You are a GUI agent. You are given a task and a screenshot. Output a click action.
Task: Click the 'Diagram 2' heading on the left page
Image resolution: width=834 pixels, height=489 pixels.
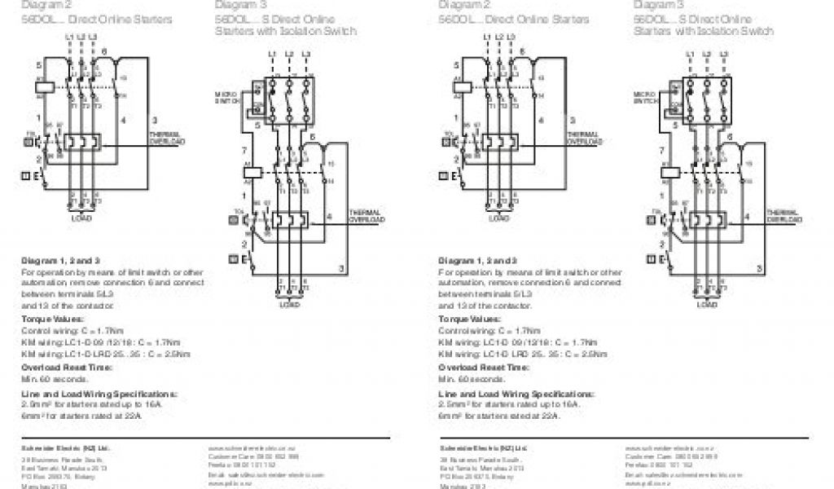tap(42, 4)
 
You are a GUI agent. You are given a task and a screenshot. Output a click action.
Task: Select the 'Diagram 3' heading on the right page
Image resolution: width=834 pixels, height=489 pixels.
tap(656, 4)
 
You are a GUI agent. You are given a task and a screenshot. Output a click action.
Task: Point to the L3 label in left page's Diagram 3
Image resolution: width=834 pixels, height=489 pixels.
tap(306, 55)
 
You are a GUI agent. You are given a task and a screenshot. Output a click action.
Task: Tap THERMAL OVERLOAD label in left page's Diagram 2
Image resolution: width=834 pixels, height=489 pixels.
tap(167, 138)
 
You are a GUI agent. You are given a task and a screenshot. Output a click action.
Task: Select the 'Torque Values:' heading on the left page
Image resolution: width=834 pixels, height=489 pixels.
tap(51, 319)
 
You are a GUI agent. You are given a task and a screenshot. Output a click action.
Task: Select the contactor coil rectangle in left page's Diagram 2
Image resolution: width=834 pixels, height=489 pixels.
tap(46, 85)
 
